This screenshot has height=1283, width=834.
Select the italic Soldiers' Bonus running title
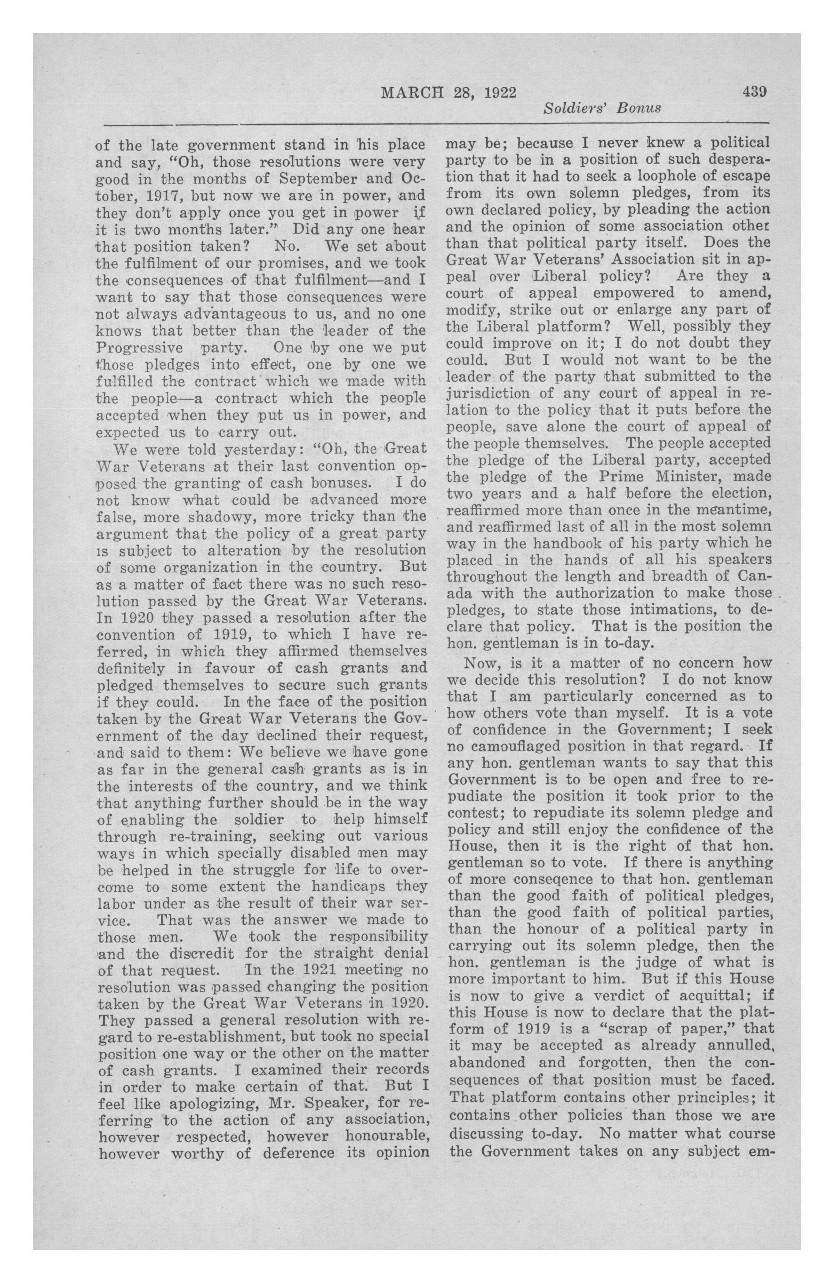point(602,109)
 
